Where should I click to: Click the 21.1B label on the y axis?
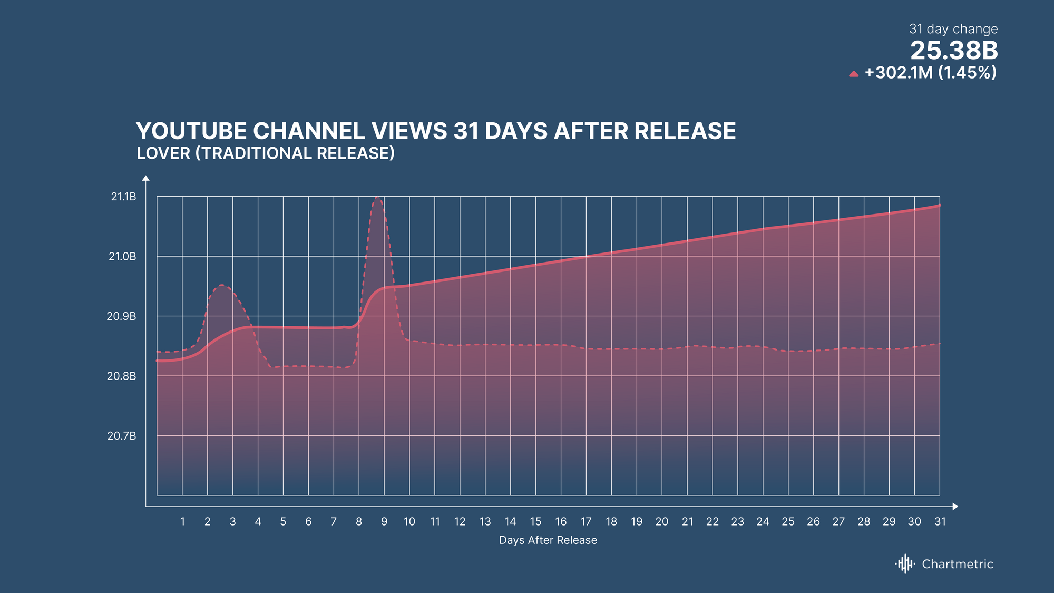[x=123, y=197]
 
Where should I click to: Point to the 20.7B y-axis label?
[x=122, y=436]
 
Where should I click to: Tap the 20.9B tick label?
[x=121, y=316]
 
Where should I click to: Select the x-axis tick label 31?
[x=940, y=521]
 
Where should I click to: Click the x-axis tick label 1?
[x=182, y=521]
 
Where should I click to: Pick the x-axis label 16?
[x=561, y=521]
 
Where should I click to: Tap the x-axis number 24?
[x=763, y=521]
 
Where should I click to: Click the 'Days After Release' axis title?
[x=548, y=540]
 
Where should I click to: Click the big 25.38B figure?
[x=954, y=51]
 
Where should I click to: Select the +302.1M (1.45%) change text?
[x=931, y=72]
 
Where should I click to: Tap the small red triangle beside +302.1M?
[x=854, y=74]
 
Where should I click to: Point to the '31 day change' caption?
[x=953, y=29]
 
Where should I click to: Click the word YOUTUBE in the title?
[x=191, y=131]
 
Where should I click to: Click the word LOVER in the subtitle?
[x=163, y=153]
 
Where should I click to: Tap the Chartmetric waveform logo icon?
[x=905, y=564]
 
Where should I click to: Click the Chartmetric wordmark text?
[x=958, y=564]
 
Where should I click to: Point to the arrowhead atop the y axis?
[x=146, y=178]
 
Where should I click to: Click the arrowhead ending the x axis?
[x=955, y=507]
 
